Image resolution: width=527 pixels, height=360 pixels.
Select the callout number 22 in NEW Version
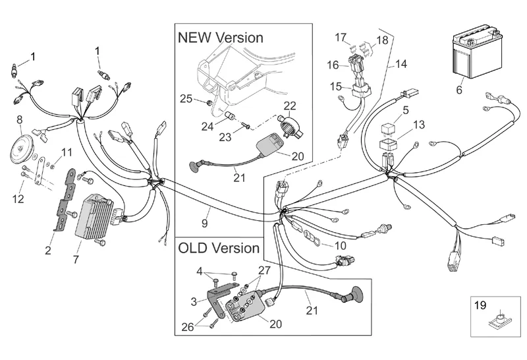(290, 106)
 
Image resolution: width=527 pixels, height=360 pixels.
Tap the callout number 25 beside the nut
(186, 99)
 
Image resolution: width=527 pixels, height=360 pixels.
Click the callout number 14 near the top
(401, 65)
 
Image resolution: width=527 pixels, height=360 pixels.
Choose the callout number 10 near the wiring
(340, 246)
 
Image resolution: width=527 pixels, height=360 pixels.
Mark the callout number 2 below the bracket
(48, 250)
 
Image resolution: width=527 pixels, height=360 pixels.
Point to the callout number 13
(420, 125)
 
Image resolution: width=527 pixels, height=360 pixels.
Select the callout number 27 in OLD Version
(264, 270)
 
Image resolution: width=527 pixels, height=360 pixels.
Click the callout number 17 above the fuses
(341, 37)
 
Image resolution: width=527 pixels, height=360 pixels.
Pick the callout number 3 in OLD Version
(194, 301)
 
